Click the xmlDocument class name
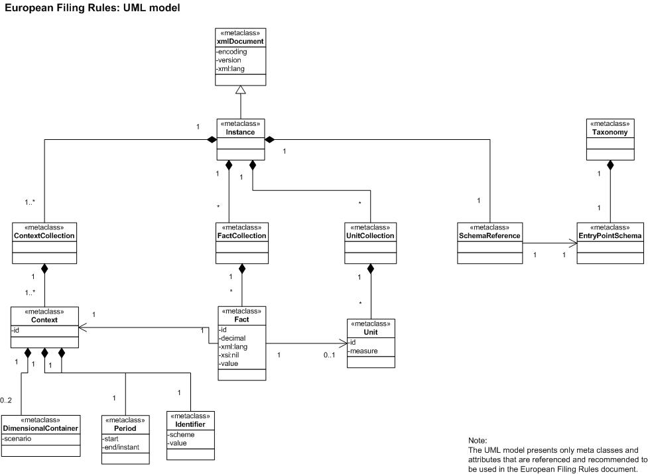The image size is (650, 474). coord(241,42)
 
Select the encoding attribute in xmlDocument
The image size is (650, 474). coord(232,50)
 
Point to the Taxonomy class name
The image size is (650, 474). coord(611,133)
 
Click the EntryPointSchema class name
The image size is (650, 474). coord(611,236)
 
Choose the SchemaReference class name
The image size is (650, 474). coord(489,236)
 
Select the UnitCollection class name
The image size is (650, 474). coord(370,236)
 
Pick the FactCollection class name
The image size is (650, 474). coord(241,236)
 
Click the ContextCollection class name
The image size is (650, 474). coord(44,236)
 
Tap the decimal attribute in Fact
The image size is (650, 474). coord(233,337)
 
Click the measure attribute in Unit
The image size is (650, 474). coord(364,351)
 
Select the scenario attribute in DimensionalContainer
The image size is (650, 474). coord(18,438)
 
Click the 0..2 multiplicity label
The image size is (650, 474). coord(6,400)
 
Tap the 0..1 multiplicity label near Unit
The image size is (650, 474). coord(330,356)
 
